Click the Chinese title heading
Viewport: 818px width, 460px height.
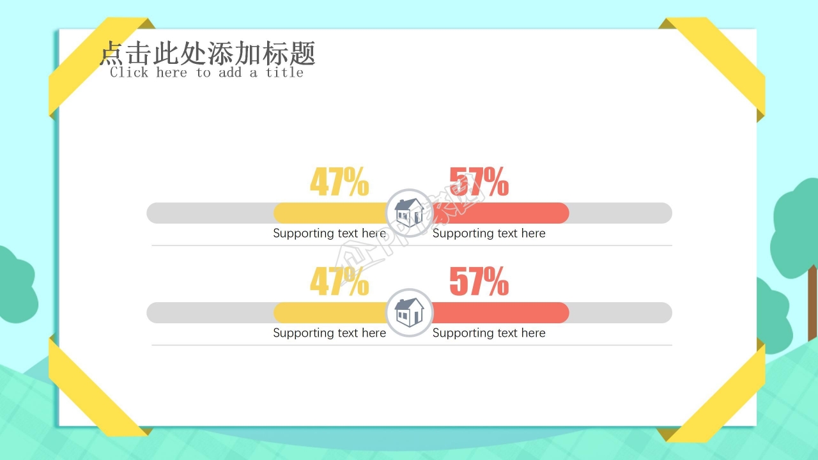(208, 54)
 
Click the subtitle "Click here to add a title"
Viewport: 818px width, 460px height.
(206, 72)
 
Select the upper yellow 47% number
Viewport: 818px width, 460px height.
(339, 182)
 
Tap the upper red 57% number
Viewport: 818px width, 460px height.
(479, 182)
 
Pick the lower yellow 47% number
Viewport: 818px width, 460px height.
(339, 282)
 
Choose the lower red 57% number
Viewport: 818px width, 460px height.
(479, 282)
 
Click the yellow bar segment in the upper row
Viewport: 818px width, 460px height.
(329, 213)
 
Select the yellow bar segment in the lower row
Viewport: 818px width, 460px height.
(329, 312)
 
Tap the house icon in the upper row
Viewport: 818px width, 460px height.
(409, 212)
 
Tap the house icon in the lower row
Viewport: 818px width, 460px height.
(409, 312)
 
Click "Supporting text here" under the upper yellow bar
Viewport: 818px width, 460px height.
(329, 233)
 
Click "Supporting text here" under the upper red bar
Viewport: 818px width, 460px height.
(489, 233)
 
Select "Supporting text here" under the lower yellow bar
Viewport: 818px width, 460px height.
(329, 333)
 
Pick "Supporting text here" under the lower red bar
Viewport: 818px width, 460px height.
(489, 333)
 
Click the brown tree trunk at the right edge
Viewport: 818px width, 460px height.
(812, 303)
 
